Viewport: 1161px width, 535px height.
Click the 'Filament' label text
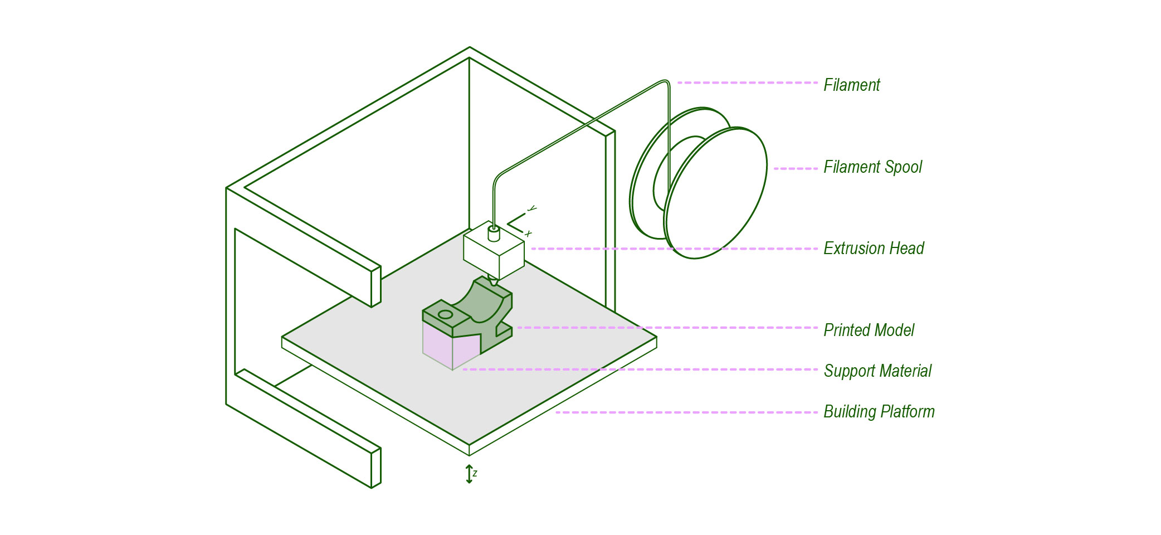(x=851, y=85)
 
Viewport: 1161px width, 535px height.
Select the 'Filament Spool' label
(x=872, y=167)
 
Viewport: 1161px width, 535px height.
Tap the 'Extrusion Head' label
(x=874, y=249)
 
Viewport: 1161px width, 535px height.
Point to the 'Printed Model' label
(x=869, y=330)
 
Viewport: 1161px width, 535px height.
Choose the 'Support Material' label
(x=877, y=371)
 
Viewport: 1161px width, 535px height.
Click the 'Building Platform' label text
(x=879, y=412)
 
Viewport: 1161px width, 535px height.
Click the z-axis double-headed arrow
(x=469, y=474)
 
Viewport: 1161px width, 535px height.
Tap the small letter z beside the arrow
(x=475, y=474)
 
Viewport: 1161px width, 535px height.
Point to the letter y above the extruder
(x=532, y=208)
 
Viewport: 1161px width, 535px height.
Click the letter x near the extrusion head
(x=528, y=234)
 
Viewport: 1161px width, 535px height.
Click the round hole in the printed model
(x=445, y=315)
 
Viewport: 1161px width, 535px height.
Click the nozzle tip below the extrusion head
(x=493, y=281)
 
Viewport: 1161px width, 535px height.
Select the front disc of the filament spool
(x=716, y=192)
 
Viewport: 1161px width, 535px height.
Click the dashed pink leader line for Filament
(x=747, y=82)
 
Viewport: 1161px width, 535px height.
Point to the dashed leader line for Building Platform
(x=685, y=412)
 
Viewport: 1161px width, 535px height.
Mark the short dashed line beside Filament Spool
(x=796, y=168)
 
